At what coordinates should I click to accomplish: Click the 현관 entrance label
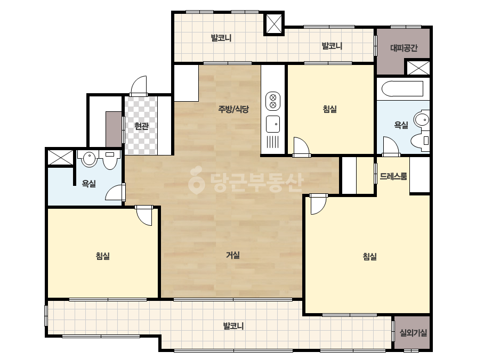(x=141, y=126)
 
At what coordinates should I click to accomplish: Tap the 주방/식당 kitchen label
(x=233, y=109)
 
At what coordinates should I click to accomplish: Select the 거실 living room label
(x=233, y=255)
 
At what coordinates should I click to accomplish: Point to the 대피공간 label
(x=404, y=48)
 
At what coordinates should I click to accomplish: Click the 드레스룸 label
(x=393, y=176)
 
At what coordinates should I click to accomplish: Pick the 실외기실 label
(x=413, y=333)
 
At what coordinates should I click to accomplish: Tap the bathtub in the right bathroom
(x=402, y=89)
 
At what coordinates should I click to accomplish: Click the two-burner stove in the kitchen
(x=273, y=101)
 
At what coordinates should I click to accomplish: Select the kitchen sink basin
(x=273, y=124)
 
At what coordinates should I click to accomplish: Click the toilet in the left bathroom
(x=110, y=159)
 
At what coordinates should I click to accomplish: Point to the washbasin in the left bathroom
(x=90, y=159)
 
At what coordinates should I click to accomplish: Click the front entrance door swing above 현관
(x=139, y=85)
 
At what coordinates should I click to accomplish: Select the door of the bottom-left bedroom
(x=144, y=216)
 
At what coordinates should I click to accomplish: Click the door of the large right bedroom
(x=318, y=204)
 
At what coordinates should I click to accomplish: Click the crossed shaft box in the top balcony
(x=273, y=24)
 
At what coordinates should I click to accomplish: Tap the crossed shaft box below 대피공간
(x=418, y=68)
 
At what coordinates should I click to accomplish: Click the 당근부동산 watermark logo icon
(x=196, y=181)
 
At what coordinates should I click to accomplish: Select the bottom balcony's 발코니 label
(x=233, y=326)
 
